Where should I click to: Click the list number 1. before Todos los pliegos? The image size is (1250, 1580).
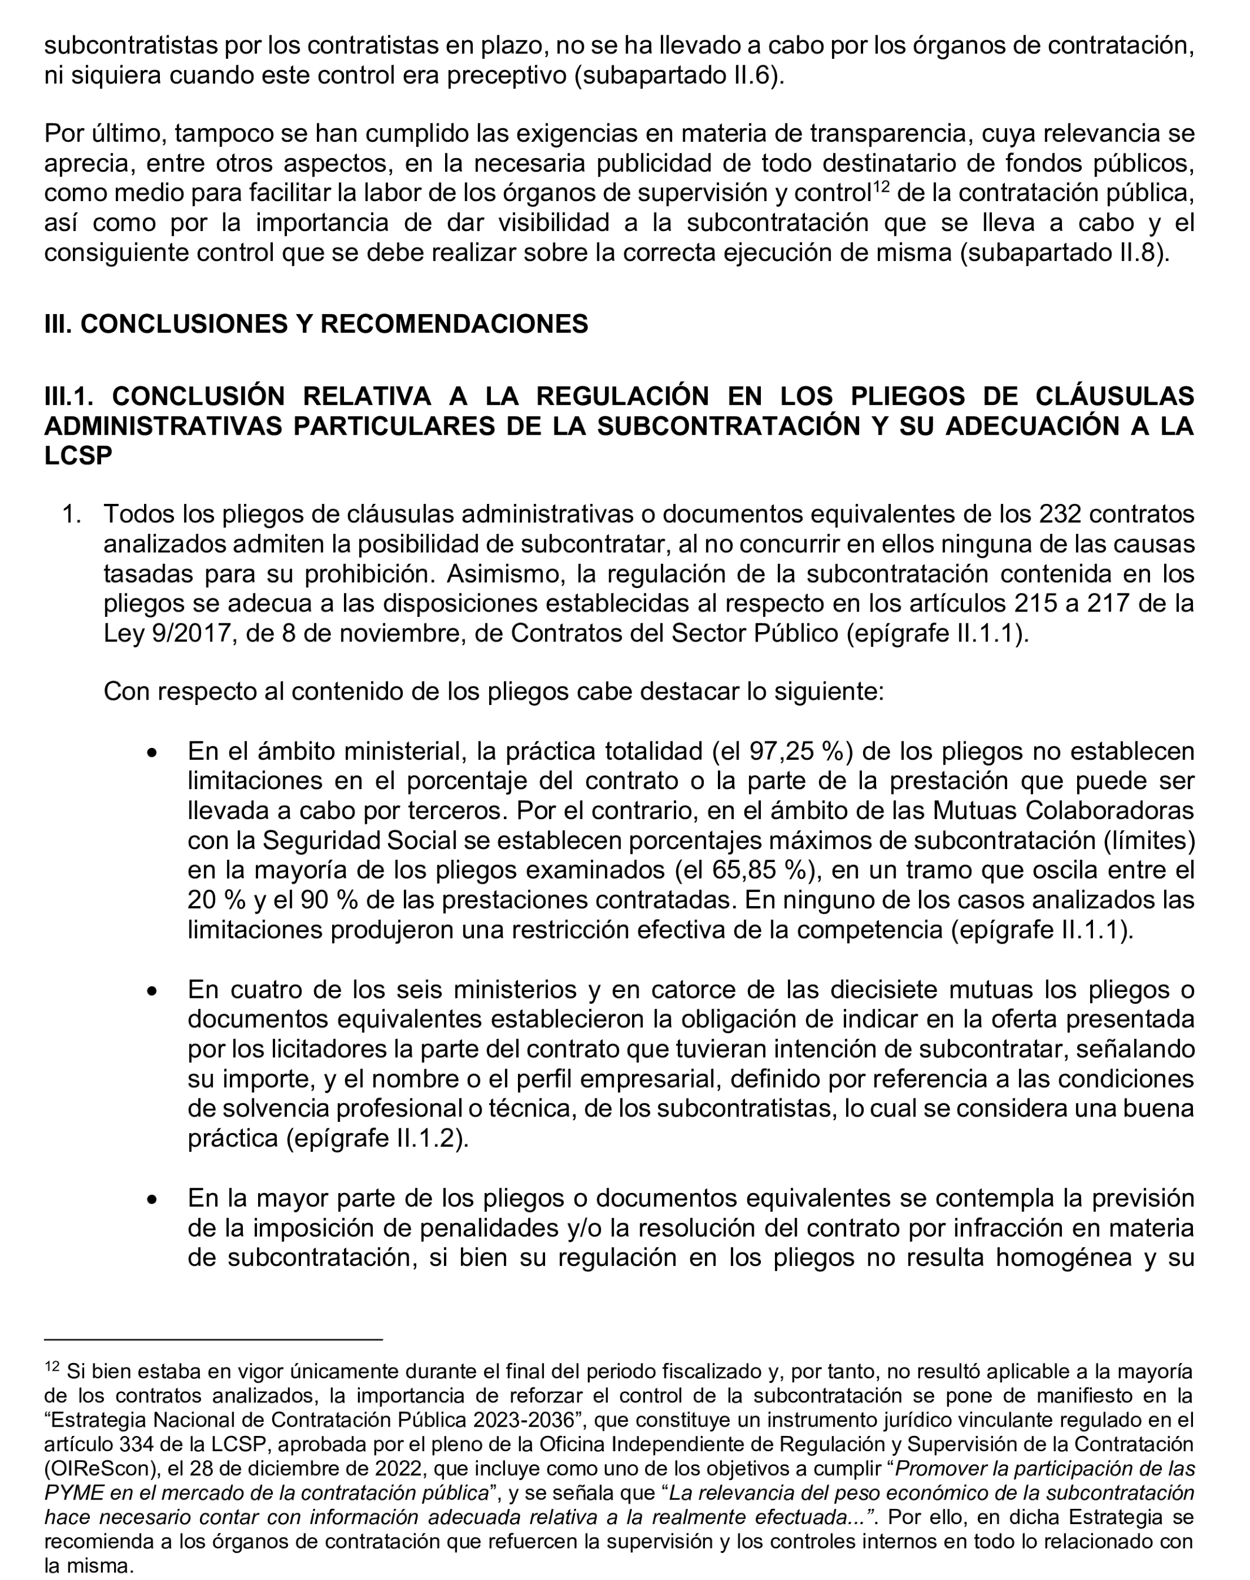(x=72, y=515)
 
